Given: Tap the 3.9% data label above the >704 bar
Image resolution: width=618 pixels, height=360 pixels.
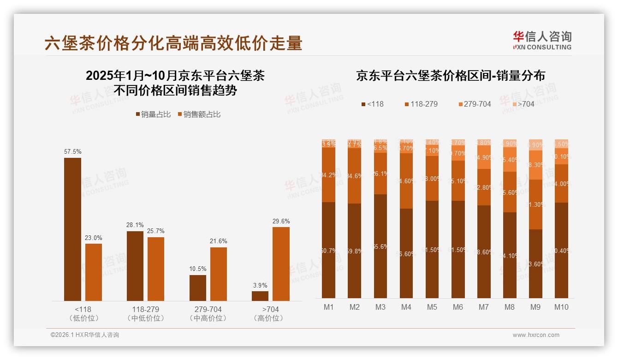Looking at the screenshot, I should coord(260,285).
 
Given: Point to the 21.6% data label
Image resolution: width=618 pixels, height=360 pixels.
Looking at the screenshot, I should coord(218,241).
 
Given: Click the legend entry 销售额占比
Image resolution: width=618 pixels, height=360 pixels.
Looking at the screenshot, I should coord(199,114).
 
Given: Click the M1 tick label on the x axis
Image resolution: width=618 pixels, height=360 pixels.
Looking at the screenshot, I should coord(328,307).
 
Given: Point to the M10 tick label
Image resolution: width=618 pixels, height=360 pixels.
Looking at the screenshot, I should coord(561,307).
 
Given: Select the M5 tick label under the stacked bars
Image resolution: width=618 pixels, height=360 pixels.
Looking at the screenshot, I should coord(432,307).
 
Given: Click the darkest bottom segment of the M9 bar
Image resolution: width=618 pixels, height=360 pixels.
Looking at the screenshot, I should coord(535,264).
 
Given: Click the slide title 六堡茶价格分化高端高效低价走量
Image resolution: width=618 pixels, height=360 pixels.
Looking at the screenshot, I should coord(173,43).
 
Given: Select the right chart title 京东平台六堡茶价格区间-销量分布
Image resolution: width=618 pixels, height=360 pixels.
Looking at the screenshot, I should coord(450,76).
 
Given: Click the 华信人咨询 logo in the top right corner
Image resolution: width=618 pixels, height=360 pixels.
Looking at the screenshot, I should coord(542,40).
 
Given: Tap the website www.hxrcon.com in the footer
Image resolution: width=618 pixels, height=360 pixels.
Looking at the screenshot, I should coord(536,335).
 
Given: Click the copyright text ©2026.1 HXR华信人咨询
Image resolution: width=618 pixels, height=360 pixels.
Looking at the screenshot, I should coord(85,335).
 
